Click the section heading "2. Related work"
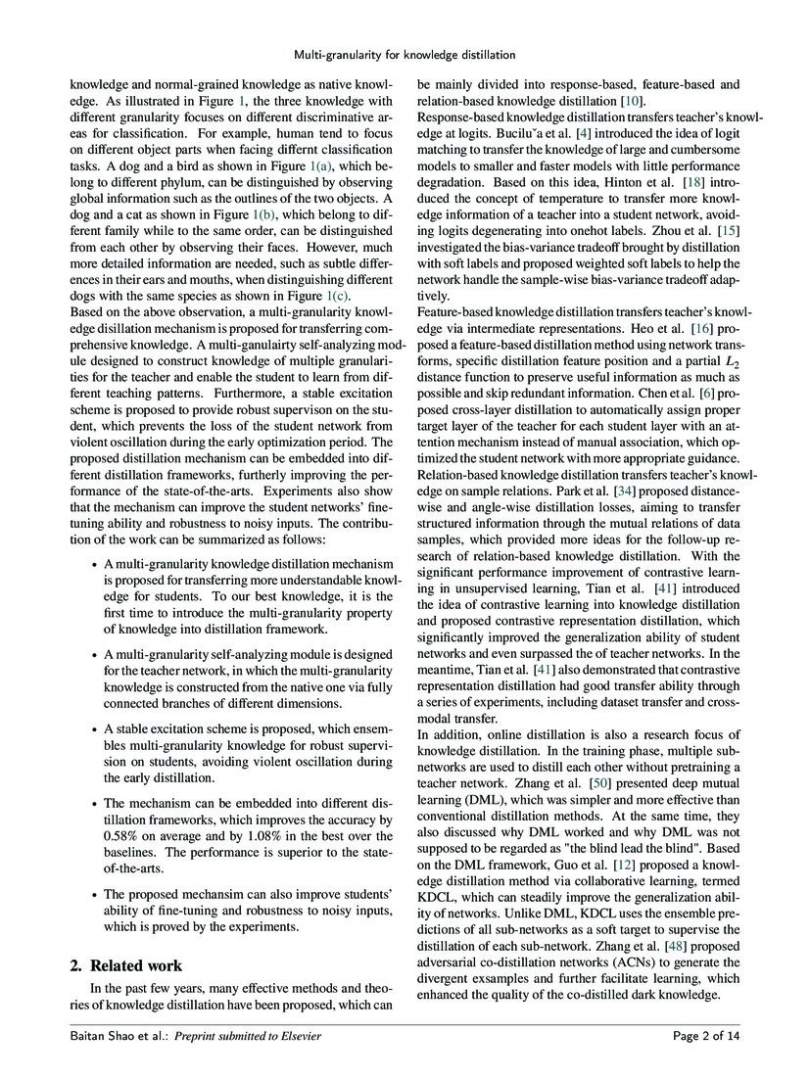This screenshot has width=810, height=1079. (126, 965)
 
